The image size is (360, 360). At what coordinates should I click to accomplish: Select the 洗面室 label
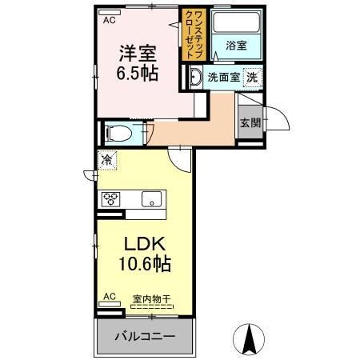coord(223,78)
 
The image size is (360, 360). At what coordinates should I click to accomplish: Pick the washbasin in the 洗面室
coord(194,78)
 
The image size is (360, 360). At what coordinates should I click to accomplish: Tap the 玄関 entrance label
coord(248,122)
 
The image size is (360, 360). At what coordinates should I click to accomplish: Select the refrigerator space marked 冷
coord(107,160)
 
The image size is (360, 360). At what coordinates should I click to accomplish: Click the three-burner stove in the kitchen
coord(110,199)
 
